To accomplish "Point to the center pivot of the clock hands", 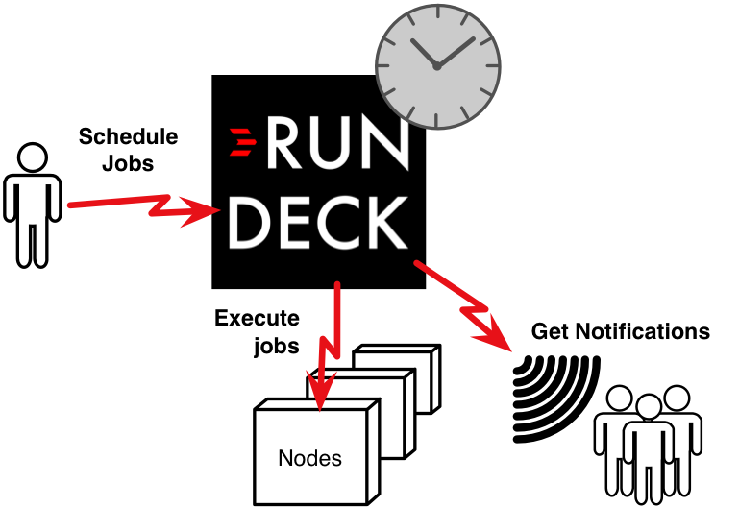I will pyautogui.click(x=436, y=66).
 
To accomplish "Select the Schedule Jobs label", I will pyautogui.click(x=128, y=149).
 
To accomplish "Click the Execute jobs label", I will pyautogui.click(x=258, y=331).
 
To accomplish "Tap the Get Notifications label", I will pyautogui.click(x=621, y=332).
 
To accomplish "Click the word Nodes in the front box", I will pyautogui.click(x=309, y=458).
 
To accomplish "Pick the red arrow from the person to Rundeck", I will pyautogui.click(x=144, y=204).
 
